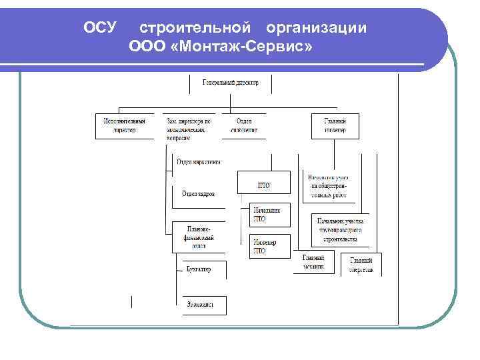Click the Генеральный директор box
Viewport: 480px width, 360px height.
pyautogui.click(x=231, y=83)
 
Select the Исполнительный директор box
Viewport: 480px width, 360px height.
pyautogui.click(x=120, y=125)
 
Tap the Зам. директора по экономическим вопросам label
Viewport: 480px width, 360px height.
pyautogui.click(x=188, y=129)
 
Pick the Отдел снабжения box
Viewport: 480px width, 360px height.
pyautogui.click(x=244, y=125)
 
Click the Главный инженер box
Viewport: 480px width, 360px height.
pyautogui.click(x=335, y=125)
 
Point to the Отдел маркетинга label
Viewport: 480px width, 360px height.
pyautogui.click(x=199, y=162)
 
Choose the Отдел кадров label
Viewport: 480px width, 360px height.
pyautogui.click(x=199, y=194)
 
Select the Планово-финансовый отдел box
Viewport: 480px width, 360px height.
pyautogui.click(x=199, y=237)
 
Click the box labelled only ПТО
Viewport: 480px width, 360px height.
pyautogui.click(x=264, y=183)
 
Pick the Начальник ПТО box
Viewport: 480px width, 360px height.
pyautogui.click(x=270, y=214)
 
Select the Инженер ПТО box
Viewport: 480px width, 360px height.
pyautogui.click(x=270, y=246)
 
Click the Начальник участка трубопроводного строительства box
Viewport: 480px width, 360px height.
pyautogui.click(x=341, y=229)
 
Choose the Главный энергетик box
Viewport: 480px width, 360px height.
pyautogui.click(x=361, y=264)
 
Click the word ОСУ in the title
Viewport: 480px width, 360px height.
pyautogui.click(x=101, y=28)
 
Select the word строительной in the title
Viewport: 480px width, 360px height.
pyautogui.click(x=195, y=28)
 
